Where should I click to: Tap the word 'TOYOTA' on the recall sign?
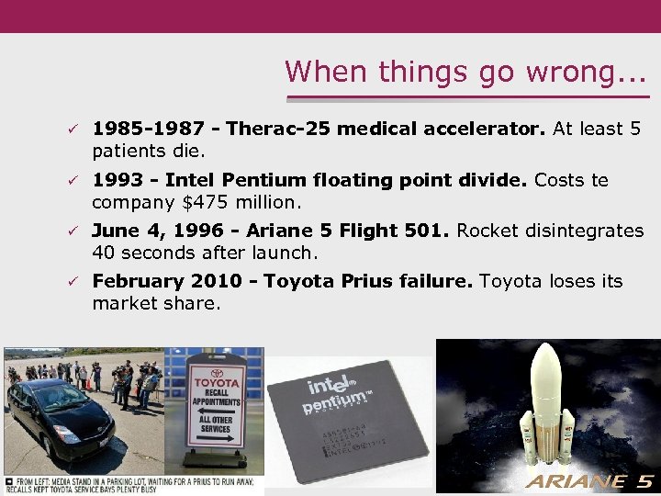click(217, 382)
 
